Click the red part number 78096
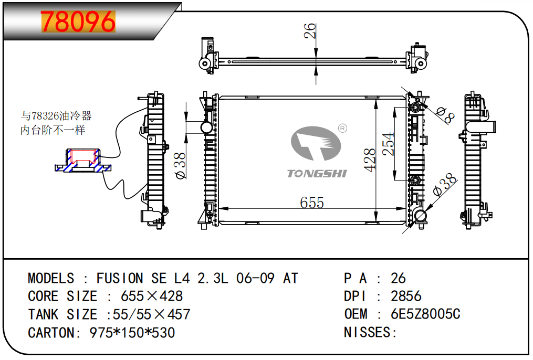pyautogui.click(x=78, y=22)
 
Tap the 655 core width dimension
pyautogui.click(x=312, y=202)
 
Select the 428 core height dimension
pyautogui.click(x=370, y=160)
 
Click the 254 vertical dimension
pyautogui.click(x=388, y=144)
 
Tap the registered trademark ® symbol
pyautogui.click(x=342, y=128)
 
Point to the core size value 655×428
pyautogui.click(x=152, y=296)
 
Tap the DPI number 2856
pyautogui.click(x=406, y=296)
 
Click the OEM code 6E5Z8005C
pyautogui.click(x=425, y=314)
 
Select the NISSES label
pyautogui.click(x=369, y=332)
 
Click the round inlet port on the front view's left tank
pyautogui.click(x=206, y=128)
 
